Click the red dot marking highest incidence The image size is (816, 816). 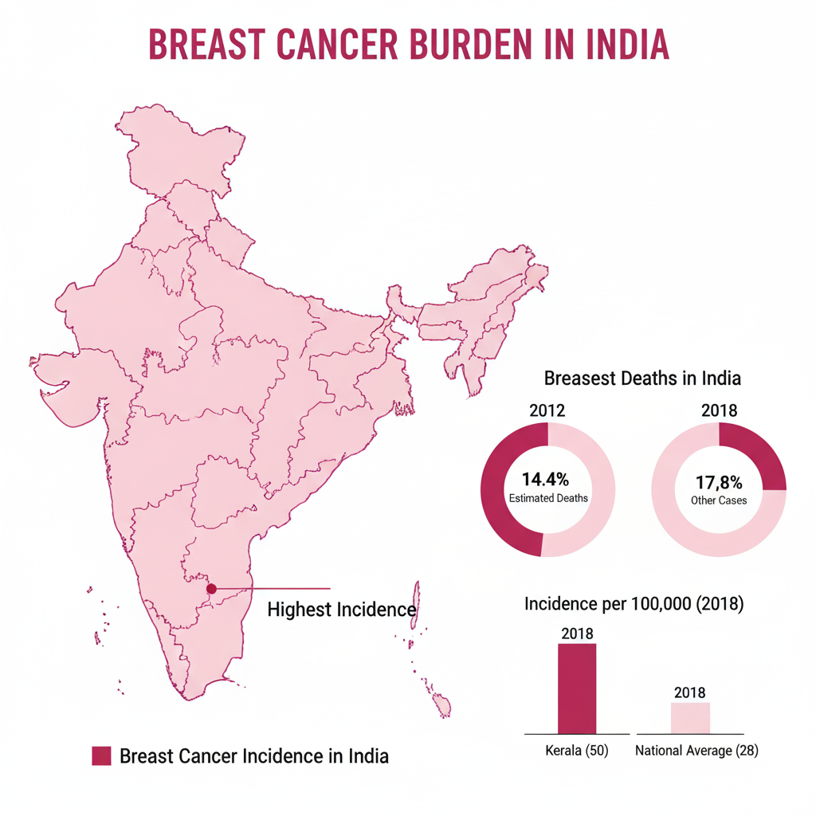coord(211,589)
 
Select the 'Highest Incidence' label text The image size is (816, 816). coord(341,610)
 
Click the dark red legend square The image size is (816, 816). coord(101,755)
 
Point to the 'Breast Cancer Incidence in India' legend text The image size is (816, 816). coord(254,755)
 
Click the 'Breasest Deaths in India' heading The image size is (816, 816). coord(642,378)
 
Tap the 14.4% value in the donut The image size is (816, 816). coord(546,480)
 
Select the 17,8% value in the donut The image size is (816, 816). coord(719,482)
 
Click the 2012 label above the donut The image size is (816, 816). coord(547,411)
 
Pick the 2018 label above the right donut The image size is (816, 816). coord(719,411)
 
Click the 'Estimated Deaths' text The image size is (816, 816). coord(548,498)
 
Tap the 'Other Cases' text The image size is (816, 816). coord(720,500)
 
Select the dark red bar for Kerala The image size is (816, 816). coord(576,688)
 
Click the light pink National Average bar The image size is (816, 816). coord(689,718)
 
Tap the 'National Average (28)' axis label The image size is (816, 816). coord(696,751)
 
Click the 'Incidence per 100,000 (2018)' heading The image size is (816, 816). coord(634,604)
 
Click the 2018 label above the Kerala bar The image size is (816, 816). coord(577,634)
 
